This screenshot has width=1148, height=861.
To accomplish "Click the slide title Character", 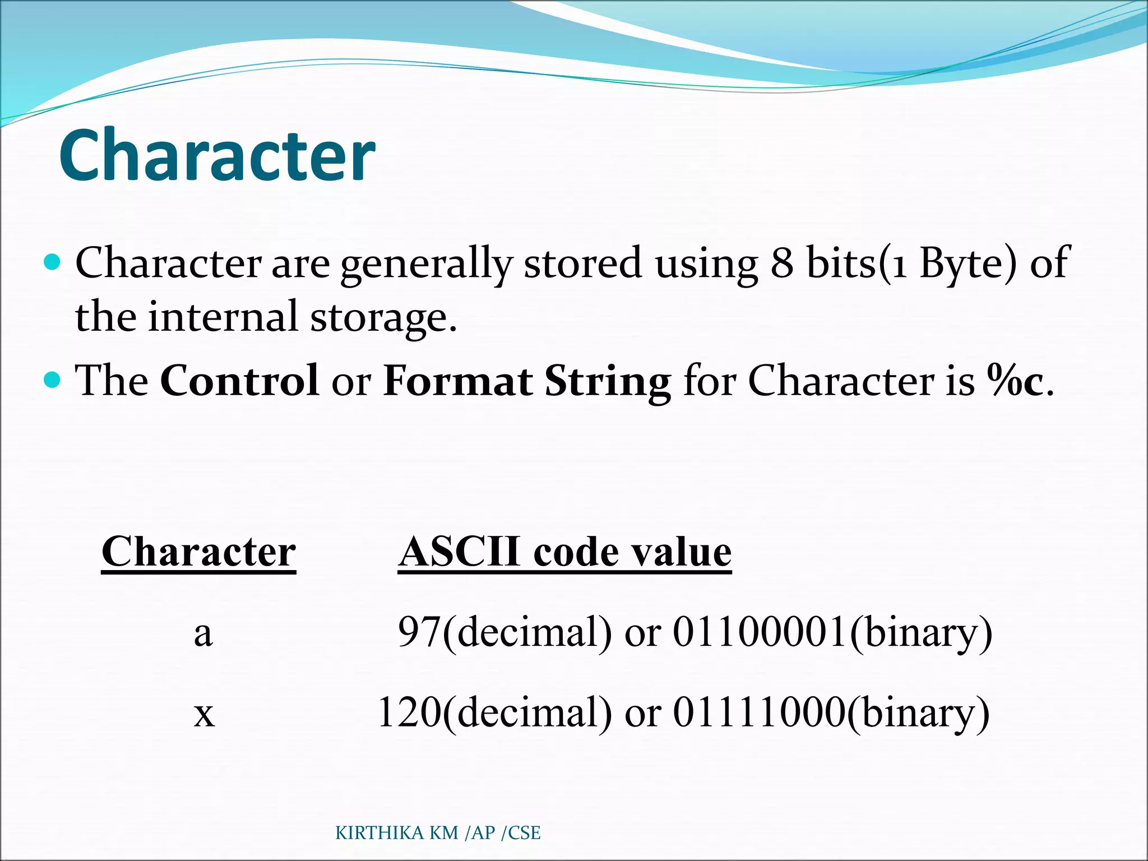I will [217, 155].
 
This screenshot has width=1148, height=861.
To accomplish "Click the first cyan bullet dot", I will [52, 262].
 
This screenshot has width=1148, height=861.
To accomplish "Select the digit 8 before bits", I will [782, 263].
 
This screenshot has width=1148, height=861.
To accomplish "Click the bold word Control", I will [239, 381].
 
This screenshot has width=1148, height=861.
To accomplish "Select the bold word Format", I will [457, 381].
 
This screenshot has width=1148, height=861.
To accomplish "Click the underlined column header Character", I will [198, 552].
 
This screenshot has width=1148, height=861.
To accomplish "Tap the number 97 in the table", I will [419, 632].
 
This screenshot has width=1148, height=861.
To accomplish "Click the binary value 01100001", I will [760, 632].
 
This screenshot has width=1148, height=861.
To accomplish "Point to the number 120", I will [409, 712].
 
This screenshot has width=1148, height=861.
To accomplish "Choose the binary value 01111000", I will [758, 712].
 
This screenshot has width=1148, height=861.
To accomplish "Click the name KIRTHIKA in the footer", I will [379, 833].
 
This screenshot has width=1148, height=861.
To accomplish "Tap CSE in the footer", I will [524, 833].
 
